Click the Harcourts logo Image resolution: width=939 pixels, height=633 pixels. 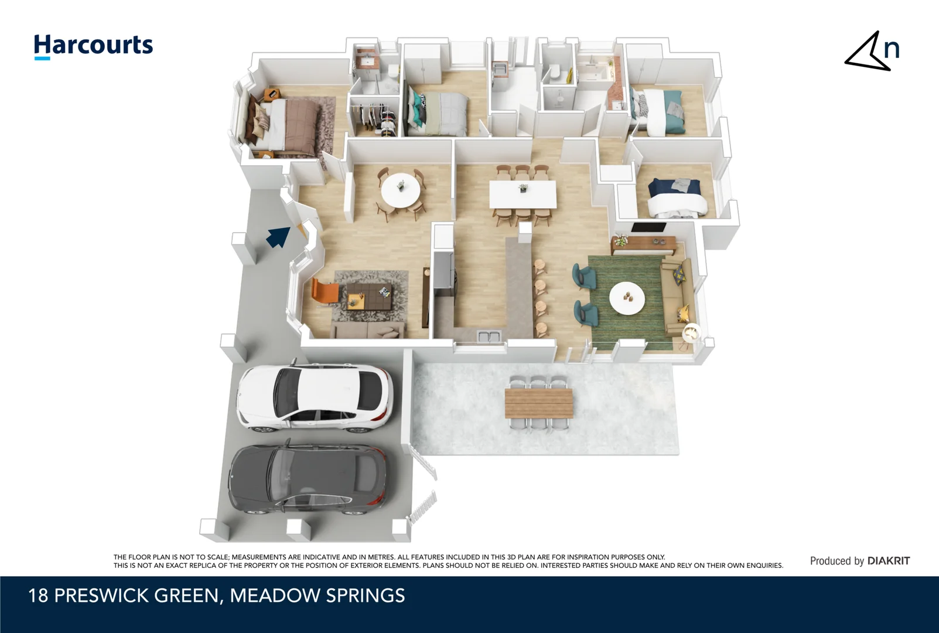tap(93, 46)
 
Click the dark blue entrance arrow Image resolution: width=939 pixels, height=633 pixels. tap(278, 237)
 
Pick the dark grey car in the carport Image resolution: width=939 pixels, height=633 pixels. tap(308, 479)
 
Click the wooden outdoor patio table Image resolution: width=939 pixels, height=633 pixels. tap(539, 403)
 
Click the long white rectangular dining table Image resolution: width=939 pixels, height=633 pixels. tap(523, 194)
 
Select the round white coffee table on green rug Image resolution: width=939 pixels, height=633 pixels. tap(627, 298)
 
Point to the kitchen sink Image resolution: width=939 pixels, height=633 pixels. tap(488, 336)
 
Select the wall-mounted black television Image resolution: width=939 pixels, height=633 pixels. tap(648, 228)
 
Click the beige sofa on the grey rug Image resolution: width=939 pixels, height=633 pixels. tap(368, 331)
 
